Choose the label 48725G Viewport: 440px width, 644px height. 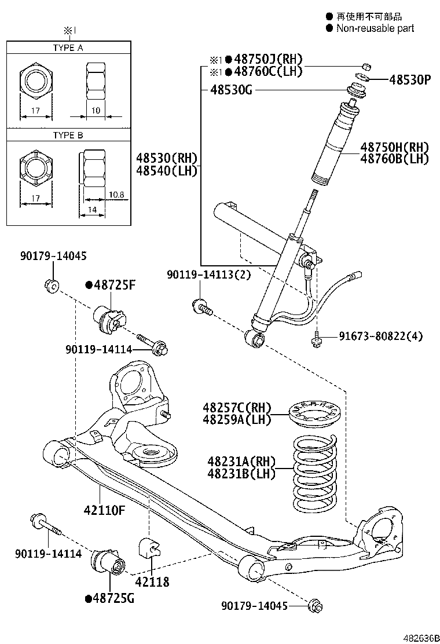(109, 598)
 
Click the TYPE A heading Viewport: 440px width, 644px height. (68, 48)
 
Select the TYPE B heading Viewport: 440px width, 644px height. (68, 135)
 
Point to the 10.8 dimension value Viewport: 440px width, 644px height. (116, 195)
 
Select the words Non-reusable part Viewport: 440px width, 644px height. (375, 28)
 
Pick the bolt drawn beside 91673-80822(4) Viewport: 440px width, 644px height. (316, 340)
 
